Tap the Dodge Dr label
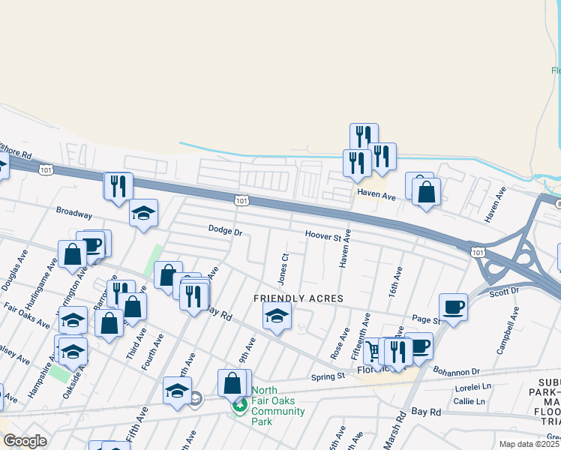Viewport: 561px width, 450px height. click(225, 231)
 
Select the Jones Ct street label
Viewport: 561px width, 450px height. click(283, 268)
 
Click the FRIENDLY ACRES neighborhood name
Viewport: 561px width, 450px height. click(298, 298)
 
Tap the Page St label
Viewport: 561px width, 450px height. click(425, 319)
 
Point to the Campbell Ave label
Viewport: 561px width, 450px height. click(508, 329)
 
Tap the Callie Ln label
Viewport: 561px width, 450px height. click(469, 402)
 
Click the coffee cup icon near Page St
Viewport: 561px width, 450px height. click(453, 306)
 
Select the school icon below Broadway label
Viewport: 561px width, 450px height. click(143, 213)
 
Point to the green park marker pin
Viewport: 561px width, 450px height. click(240, 406)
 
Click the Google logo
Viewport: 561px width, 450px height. click(25, 441)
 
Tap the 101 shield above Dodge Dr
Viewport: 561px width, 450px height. click(241, 201)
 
